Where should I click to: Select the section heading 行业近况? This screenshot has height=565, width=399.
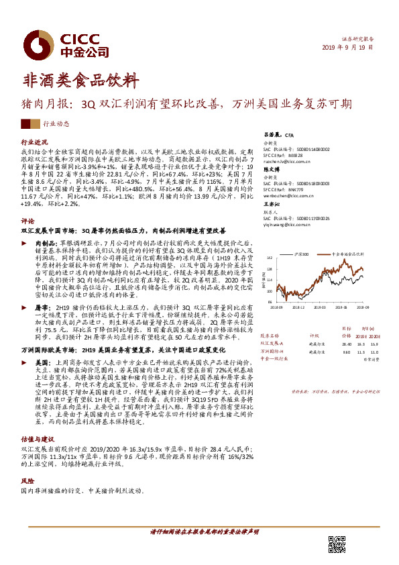[35, 143]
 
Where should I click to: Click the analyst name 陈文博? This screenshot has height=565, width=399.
[270, 170]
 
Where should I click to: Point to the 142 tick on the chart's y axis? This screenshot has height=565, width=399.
[270, 258]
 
